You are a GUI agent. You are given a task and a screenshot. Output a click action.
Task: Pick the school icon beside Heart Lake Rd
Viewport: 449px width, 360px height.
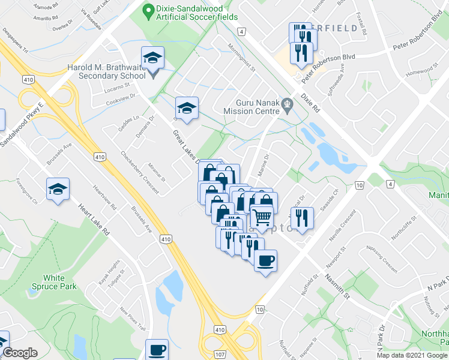pyautogui.click(x=58, y=189)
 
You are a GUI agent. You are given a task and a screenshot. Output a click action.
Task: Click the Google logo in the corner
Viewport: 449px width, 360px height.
pyautogui.click(x=21, y=353)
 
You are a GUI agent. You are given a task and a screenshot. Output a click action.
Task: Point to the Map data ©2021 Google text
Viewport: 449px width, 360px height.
pyautogui.click(x=412, y=355)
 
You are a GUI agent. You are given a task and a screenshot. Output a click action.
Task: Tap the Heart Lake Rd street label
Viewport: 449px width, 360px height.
pyautogui.click(x=96, y=220)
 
